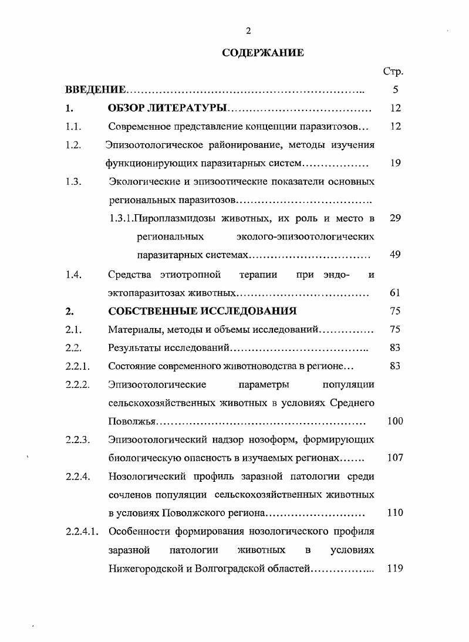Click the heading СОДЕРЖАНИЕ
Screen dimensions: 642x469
pos(263,53)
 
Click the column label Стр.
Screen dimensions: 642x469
pos(393,72)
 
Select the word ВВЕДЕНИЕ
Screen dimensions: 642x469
pos(95,90)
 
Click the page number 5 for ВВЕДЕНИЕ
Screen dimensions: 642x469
pos(395,90)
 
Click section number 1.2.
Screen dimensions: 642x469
pos(73,145)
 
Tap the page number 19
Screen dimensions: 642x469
pos(395,163)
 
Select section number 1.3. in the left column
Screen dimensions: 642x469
pos(73,181)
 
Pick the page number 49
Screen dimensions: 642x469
pos(395,255)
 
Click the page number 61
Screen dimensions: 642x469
pos(395,292)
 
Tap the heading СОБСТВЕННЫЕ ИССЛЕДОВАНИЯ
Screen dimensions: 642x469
pos(202,311)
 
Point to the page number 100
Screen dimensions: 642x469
pos(395,421)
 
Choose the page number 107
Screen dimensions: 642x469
pos(395,458)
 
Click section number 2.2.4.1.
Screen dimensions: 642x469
pos(82,532)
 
